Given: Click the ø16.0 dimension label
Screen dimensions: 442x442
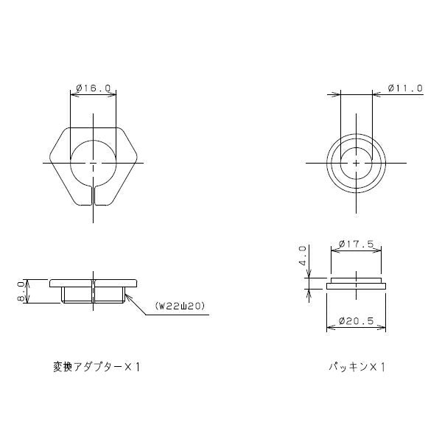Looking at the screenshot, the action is tap(94, 88).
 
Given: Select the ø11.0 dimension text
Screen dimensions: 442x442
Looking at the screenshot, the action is tap(405, 88).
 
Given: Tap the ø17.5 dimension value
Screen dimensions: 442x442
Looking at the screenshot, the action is tap(357, 244).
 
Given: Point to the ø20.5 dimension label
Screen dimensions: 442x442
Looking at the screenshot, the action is tap(357, 320).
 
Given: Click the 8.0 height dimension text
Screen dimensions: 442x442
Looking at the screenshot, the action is tap(22, 292).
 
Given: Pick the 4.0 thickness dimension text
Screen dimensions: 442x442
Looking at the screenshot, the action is tap(303, 256).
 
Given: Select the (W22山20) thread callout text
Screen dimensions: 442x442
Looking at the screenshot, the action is tap(180, 306).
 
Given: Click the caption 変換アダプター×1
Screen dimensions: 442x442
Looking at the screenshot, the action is tap(97, 367).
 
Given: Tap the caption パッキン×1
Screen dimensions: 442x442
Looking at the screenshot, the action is tap(357, 367).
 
